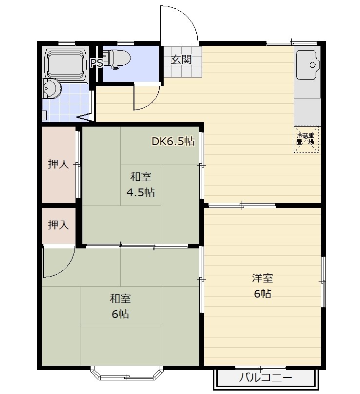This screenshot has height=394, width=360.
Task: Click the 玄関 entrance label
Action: click(181, 59)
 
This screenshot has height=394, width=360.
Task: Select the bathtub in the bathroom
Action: click(66, 63)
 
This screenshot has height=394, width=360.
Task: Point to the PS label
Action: click(97, 63)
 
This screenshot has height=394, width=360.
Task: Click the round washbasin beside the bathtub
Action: click(52, 89)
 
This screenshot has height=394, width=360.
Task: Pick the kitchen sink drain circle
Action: click(312, 65)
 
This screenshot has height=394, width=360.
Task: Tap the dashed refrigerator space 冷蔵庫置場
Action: click(306, 139)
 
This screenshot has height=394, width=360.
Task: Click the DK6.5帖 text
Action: click(173, 141)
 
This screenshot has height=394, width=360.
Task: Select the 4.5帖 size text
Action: click(140, 192)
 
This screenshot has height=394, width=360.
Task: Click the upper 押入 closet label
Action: click(58, 164)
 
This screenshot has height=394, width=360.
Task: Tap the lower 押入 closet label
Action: click(58, 225)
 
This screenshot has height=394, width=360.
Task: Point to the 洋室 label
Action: click(263, 278)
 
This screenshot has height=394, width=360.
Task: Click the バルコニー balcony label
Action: click(265, 377)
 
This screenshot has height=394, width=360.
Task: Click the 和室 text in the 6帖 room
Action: click(120, 299)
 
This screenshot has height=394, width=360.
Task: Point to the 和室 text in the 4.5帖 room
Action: click(140, 177)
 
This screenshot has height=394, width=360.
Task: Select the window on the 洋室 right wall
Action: click(323, 281)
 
